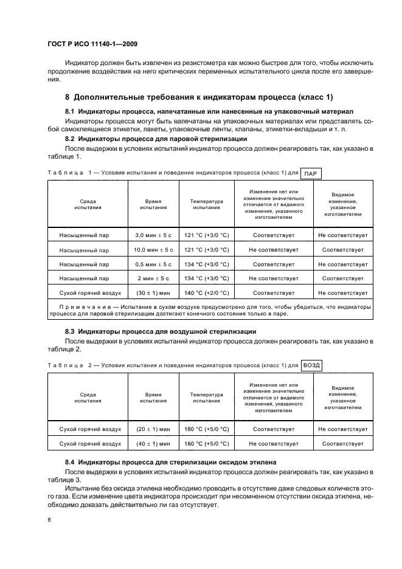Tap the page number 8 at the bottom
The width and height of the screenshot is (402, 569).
[x=50, y=519]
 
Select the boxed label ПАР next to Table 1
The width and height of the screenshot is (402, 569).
[x=311, y=173]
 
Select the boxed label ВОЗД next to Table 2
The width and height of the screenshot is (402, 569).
[x=311, y=365]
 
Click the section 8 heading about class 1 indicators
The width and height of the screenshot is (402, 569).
[x=199, y=97]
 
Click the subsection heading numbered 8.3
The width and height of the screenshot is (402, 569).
[x=161, y=331]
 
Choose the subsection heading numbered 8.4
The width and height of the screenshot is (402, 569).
[x=170, y=462]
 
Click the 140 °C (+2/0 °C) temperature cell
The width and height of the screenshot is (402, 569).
[x=207, y=293]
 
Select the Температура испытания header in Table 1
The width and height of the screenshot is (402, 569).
[x=207, y=204]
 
